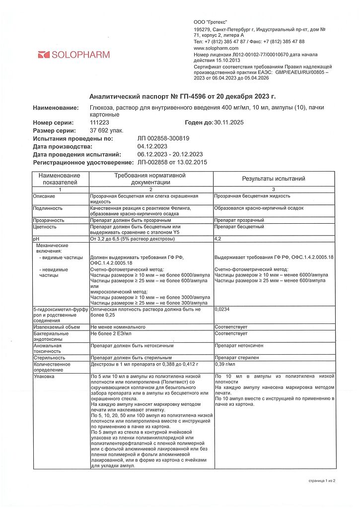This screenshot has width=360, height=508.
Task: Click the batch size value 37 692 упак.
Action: pyautogui.click(x=106, y=130)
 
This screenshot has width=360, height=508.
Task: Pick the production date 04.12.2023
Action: pyautogui.click(x=152, y=146)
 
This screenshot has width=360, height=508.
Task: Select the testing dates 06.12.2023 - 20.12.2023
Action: pyautogui.click(x=170, y=154)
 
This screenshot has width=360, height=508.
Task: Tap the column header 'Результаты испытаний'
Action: pyautogui.click(x=273, y=179)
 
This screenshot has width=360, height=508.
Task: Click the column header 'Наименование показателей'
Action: pyautogui.click(x=59, y=179)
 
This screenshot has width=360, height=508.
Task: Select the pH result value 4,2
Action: pyautogui.click(x=218, y=239)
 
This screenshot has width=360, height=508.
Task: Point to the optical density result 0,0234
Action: pyautogui.click(x=222, y=309)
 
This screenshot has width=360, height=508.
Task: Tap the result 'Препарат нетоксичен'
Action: pyautogui.click(x=239, y=345)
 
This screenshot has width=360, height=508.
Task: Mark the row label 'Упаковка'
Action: pyautogui.click(x=44, y=377)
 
